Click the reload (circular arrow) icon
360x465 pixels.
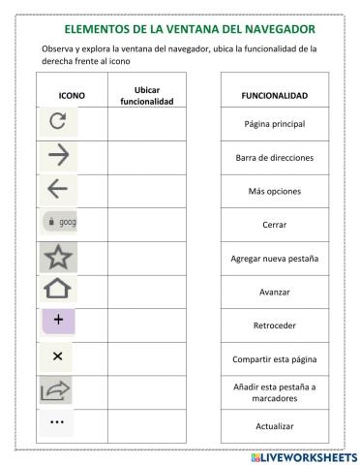[x=59, y=123]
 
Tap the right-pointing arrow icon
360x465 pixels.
[x=59, y=157]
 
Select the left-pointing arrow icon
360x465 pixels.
[x=59, y=190]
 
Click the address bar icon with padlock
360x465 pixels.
[x=59, y=223]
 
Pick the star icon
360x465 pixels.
[x=59, y=257]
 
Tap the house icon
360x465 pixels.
[x=59, y=289]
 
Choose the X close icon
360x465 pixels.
[x=58, y=356]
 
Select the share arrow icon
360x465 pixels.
[x=58, y=389]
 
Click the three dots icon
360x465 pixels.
[x=58, y=422]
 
